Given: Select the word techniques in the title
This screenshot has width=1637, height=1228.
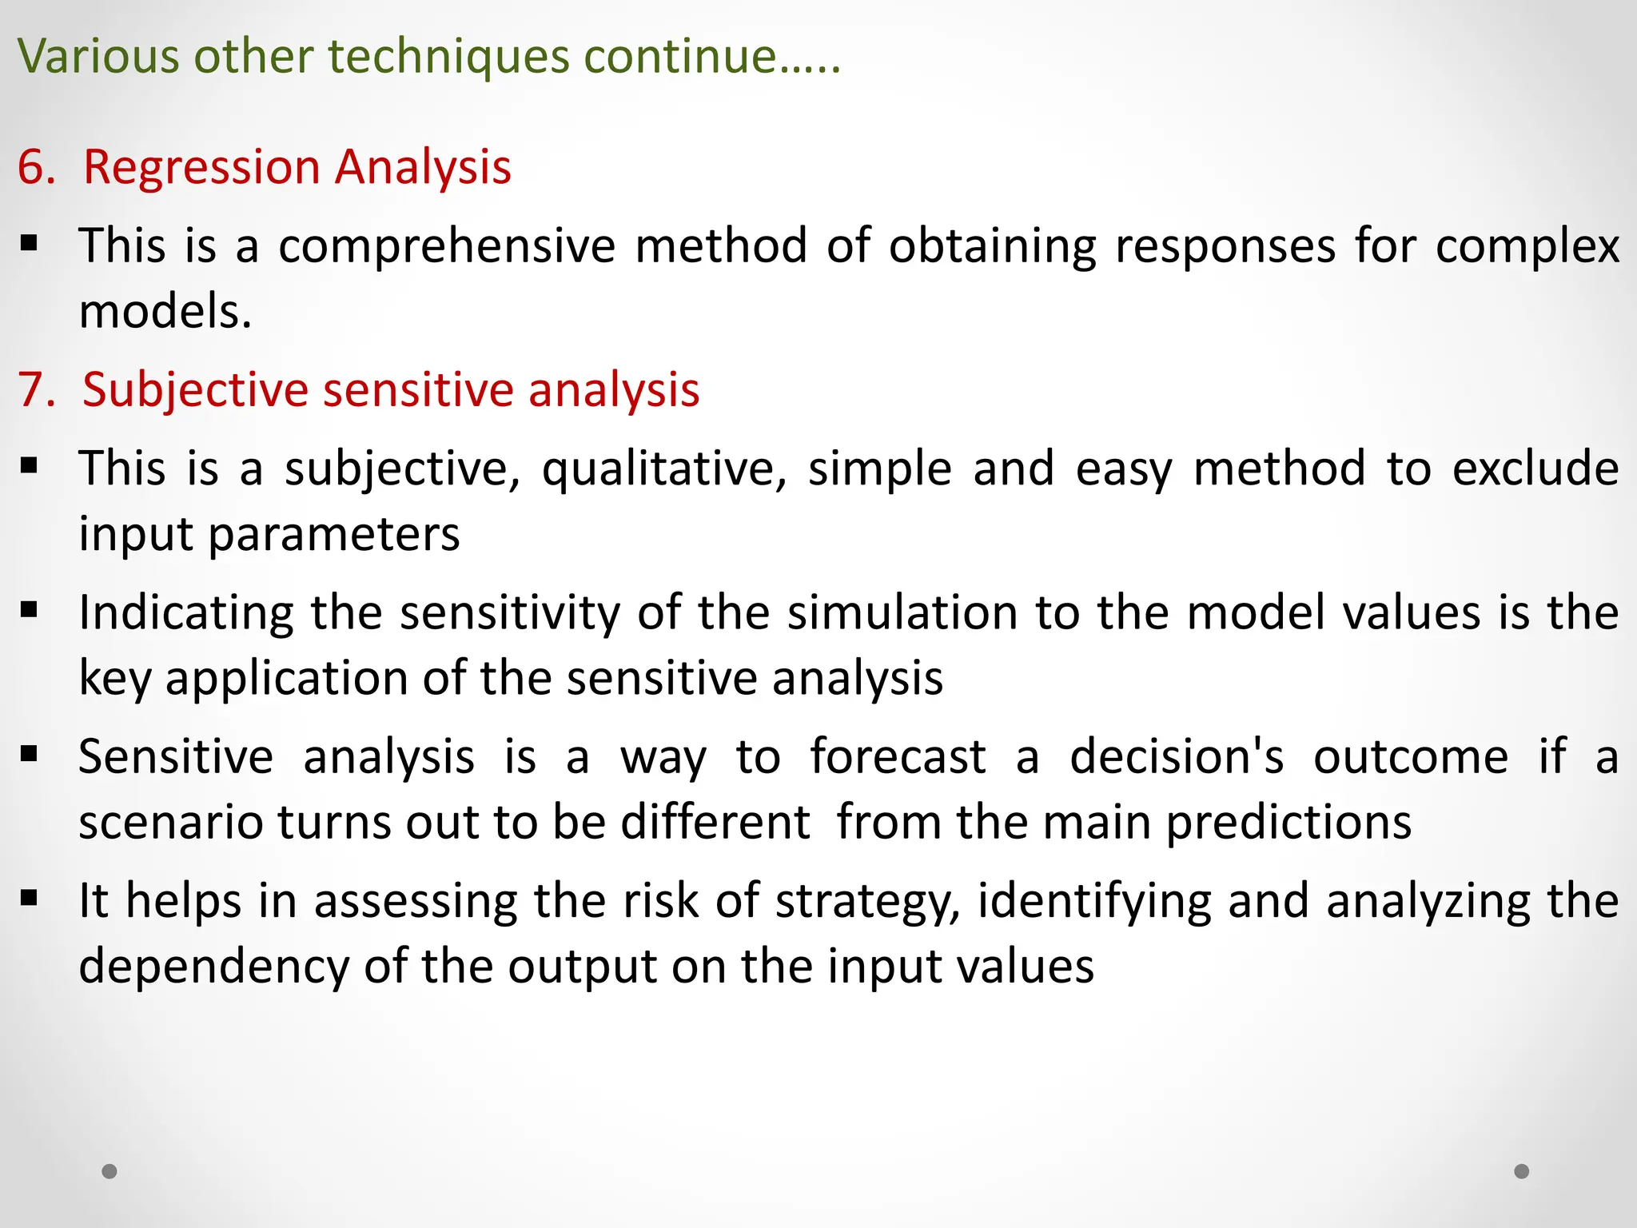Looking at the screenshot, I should tap(448, 58).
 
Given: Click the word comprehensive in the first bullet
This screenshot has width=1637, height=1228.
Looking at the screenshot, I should tap(446, 245).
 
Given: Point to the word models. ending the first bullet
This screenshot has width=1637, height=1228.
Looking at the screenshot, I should tap(165, 311).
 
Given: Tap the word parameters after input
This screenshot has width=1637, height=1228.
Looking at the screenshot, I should tap(334, 534).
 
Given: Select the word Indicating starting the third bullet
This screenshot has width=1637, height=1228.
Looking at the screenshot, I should tap(186, 614).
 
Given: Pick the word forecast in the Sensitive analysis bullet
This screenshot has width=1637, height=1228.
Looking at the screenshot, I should tap(898, 757).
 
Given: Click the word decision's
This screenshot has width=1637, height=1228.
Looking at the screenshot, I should tap(1177, 757).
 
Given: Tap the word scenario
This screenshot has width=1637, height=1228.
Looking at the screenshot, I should tap(170, 823).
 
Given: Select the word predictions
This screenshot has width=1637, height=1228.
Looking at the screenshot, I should tap(1288, 823).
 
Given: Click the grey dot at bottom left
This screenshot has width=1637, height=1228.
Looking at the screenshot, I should tap(110, 1171).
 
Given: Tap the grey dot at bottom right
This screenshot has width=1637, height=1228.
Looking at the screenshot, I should tap(1522, 1171).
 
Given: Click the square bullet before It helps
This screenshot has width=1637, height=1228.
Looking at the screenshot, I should tap(30, 898).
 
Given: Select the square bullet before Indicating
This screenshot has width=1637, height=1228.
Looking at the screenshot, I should tap(30, 611).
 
